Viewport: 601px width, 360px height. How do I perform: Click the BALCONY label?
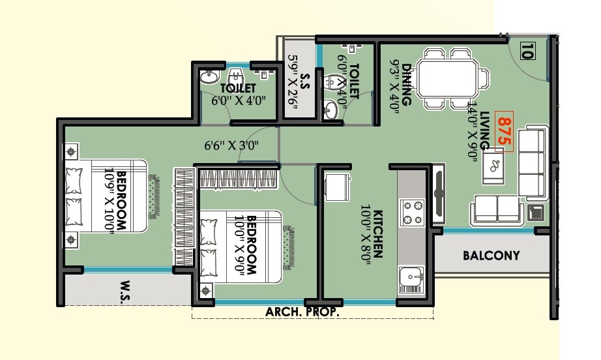[x=491, y=256]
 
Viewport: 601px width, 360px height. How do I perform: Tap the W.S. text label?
[x=127, y=286]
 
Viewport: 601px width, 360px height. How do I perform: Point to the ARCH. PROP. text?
[x=302, y=312]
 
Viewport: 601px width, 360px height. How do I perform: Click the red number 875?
[x=503, y=133]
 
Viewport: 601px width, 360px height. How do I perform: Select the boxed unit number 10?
[x=527, y=50]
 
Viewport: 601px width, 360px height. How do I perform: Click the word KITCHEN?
[x=379, y=235]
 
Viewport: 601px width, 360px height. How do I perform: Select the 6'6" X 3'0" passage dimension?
[x=231, y=145]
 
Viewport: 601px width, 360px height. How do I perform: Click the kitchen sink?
[x=411, y=279]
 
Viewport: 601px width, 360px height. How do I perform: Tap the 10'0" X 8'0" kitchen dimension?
[x=367, y=235]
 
